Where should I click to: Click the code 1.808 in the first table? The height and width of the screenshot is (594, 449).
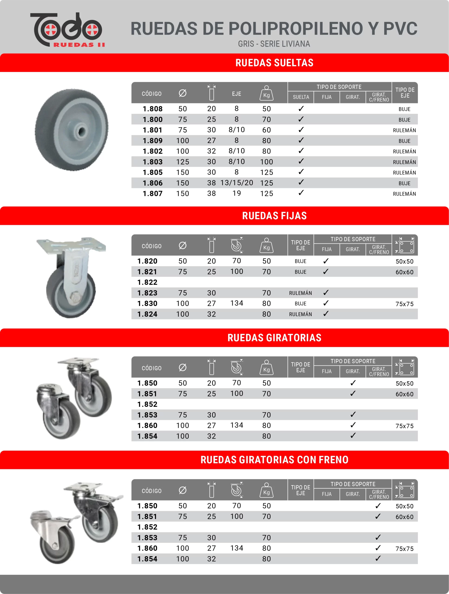coord(152,109)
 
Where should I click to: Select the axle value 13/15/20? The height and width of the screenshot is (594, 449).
coord(236,183)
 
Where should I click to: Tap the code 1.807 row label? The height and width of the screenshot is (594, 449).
coord(152,194)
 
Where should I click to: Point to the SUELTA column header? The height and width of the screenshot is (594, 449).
coord(301,97)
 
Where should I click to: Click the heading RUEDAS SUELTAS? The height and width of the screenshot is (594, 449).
coord(274,63)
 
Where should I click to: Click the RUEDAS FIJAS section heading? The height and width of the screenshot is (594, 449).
coord(274,216)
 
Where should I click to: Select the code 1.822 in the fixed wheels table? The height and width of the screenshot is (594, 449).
coord(147,282)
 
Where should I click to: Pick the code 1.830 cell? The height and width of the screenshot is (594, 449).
coord(147,303)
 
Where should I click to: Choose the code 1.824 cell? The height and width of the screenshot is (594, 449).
coord(147,314)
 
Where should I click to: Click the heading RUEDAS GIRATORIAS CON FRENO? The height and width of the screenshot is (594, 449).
coord(274,460)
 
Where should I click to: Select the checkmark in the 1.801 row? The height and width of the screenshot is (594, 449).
coord(301,130)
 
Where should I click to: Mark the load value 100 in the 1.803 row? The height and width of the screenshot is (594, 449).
coord(266,162)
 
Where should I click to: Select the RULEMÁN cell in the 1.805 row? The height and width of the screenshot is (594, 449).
coord(404,173)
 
